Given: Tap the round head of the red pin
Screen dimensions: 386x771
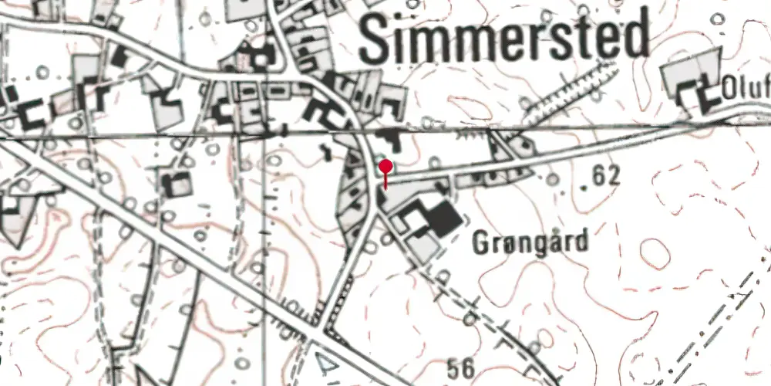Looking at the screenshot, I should tap(385, 166).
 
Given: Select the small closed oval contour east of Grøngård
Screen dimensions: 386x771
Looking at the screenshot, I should tap(654, 252).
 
